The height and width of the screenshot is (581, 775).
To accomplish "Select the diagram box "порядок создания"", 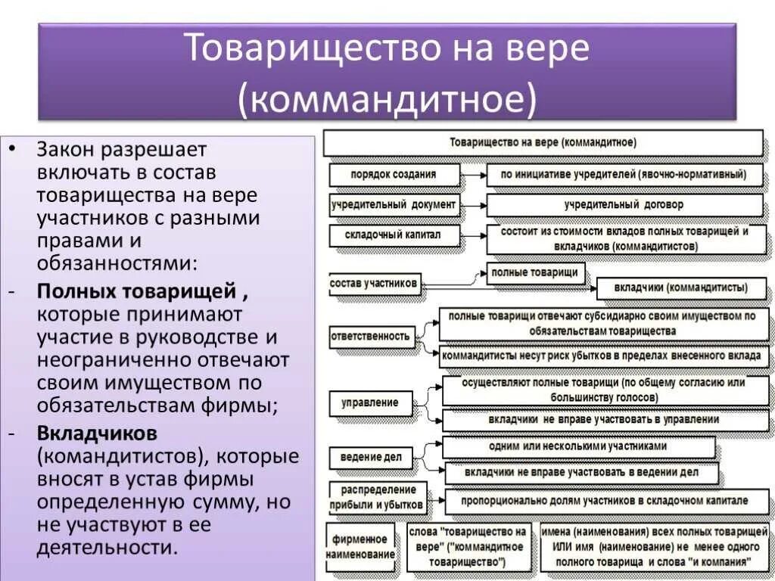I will pyautogui.click(x=394, y=175).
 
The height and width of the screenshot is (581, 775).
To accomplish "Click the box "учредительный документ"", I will pyautogui.click(x=394, y=205).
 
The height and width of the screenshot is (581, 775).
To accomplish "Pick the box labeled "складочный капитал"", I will pyautogui.click(x=394, y=235).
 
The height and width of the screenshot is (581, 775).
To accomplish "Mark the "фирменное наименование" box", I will pyautogui.click(x=360, y=546).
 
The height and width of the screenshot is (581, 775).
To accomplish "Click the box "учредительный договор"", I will pyautogui.click(x=624, y=205).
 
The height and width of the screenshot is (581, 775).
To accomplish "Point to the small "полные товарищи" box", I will pyautogui.click(x=535, y=272).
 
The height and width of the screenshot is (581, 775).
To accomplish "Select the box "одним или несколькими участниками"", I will pyautogui.click(x=578, y=446).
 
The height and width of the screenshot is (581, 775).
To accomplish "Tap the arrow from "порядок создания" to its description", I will pyautogui.click(x=474, y=175).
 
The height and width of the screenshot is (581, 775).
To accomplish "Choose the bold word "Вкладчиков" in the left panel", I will pyautogui.click(x=97, y=433).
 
